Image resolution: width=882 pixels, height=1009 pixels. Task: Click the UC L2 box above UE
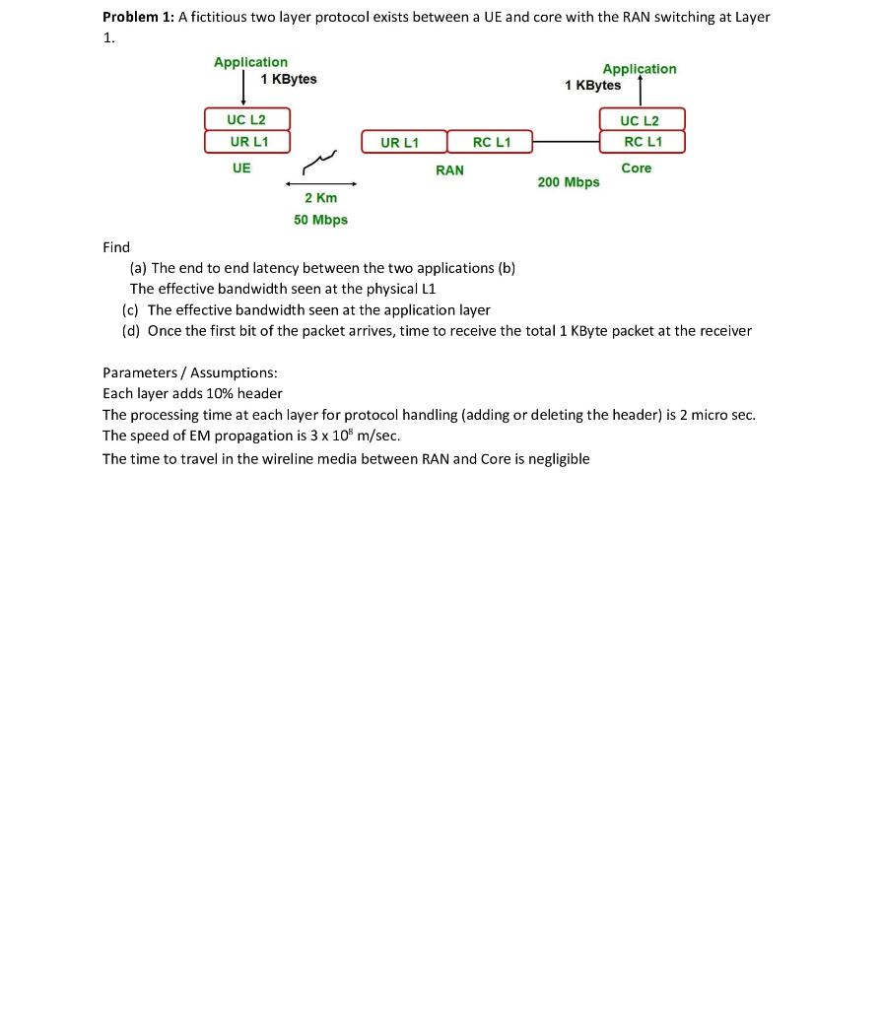click(246, 120)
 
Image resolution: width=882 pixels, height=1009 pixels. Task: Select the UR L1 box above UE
click(246, 142)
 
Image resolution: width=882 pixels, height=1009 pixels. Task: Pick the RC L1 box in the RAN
click(490, 142)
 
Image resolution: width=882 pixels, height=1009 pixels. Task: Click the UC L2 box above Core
click(641, 120)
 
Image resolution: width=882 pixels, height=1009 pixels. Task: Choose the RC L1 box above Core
click(641, 142)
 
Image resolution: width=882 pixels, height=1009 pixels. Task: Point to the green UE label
click(241, 168)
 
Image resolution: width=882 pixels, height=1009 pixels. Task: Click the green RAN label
click(449, 170)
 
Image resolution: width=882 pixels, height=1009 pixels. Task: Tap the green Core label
click(637, 168)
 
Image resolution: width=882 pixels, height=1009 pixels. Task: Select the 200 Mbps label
click(569, 182)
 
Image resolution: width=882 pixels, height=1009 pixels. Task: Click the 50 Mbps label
click(320, 220)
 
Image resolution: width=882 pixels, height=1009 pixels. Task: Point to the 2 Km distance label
click(320, 198)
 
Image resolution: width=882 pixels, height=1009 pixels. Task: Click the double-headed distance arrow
click(320, 184)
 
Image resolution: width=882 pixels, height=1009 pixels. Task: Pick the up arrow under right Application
click(641, 92)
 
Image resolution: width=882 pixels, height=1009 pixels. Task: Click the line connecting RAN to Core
click(566, 142)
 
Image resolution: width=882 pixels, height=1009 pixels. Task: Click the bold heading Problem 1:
click(138, 17)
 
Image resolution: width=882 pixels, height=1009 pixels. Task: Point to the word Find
click(116, 247)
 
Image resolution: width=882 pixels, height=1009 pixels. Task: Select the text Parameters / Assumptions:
click(190, 372)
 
